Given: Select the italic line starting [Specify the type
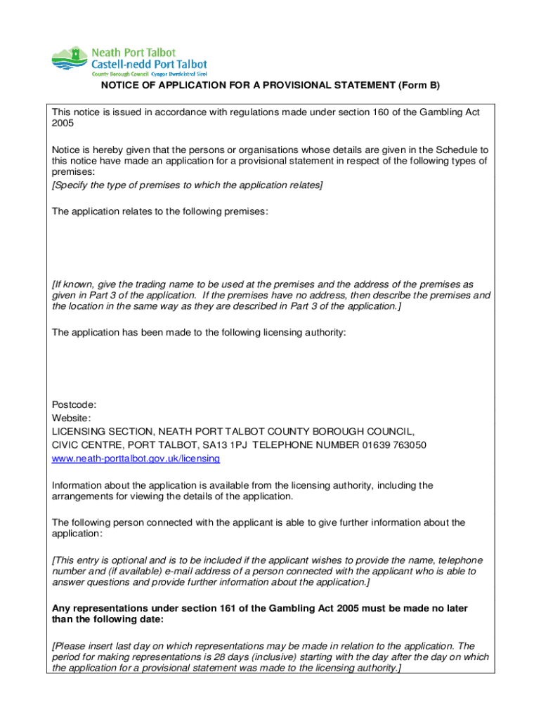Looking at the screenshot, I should pyautogui.click(x=187, y=185).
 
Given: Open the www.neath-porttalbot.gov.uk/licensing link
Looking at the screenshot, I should pyautogui.click(x=136, y=459).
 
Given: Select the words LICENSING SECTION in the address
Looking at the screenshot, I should pyautogui.click(x=102, y=431).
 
